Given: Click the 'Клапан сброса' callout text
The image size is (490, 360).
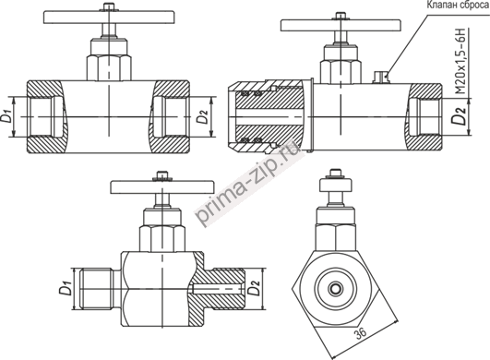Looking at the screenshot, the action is point(457,6).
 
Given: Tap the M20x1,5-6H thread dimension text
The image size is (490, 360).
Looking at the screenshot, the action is point(461,62).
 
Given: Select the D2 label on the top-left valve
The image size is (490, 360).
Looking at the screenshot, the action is point(202,116).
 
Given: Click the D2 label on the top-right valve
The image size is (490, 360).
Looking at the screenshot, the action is point(460,115).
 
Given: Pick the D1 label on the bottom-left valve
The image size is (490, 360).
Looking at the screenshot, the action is point(65,288).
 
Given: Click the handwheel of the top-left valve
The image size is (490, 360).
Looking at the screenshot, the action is point(109,18).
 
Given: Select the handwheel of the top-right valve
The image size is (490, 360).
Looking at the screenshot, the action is point(341,25).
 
